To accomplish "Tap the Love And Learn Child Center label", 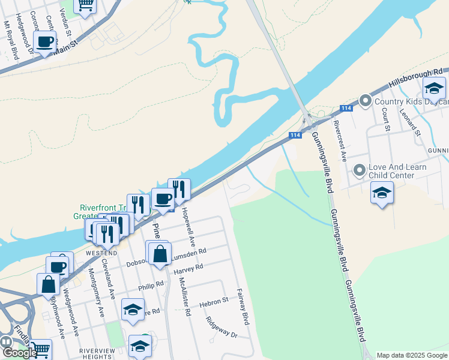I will tap(400, 171).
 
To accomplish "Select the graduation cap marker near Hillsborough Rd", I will tap(433, 89).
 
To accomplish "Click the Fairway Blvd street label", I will tap(243, 307).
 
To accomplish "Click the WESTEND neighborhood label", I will tap(100, 253).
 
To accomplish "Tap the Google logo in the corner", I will tap(19, 353).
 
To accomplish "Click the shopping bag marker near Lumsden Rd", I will tap(160, 254).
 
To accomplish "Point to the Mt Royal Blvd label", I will tap(7, 40).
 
